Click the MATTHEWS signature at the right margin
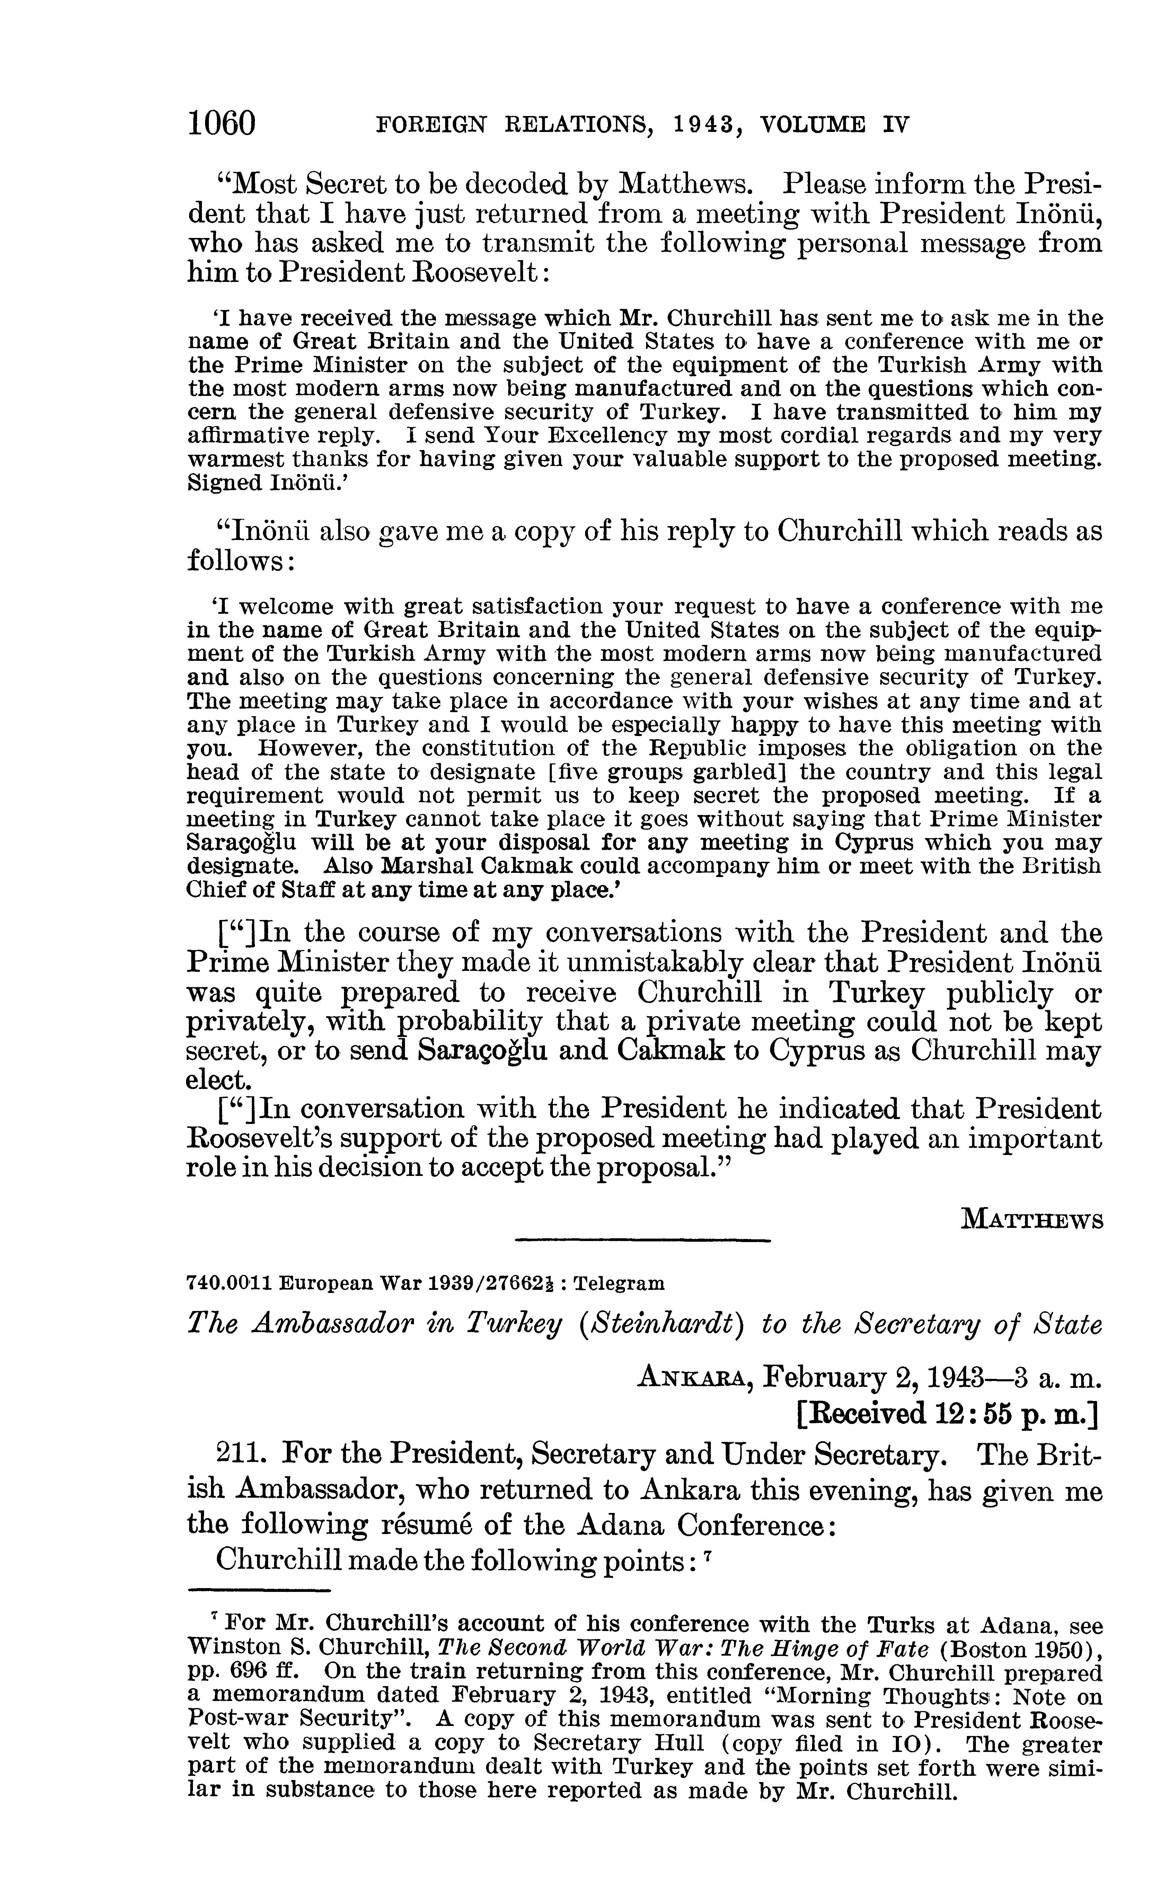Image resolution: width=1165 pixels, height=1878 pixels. [x=1032, y=1220]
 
